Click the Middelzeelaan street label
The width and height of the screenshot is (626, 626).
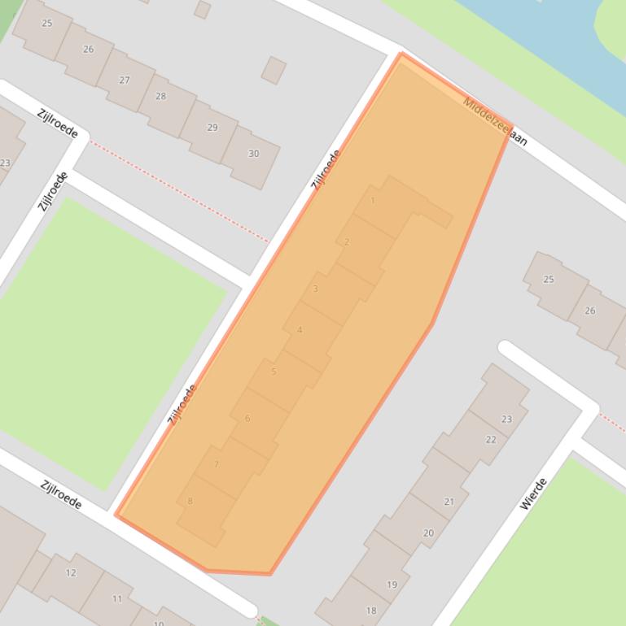point(495,122)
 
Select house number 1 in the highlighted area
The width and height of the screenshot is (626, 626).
point(373,201)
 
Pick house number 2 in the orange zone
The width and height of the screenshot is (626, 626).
point(347,242)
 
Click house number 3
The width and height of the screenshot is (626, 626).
point(315,289)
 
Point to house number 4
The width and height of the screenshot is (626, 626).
point(300,330)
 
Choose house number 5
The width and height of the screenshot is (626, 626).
point(274,372)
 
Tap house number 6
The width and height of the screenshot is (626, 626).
point(247,419)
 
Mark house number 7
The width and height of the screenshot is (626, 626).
point(216,465)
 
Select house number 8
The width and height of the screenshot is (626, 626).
point(190,502)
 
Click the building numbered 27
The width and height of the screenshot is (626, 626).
point(125,80)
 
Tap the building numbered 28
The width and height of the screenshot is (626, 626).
point(160,96)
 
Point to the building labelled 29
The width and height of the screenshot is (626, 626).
point(212,128)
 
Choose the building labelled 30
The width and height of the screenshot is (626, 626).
point(253,154)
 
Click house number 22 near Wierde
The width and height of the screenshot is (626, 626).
point(490,440)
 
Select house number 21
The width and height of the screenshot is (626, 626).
point(449,502)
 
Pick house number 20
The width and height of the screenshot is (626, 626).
point(428,533)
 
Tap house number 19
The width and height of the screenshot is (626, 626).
point(392,585)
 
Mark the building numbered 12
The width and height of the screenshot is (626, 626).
point(71,572)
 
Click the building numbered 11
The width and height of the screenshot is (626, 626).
point(117,599)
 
